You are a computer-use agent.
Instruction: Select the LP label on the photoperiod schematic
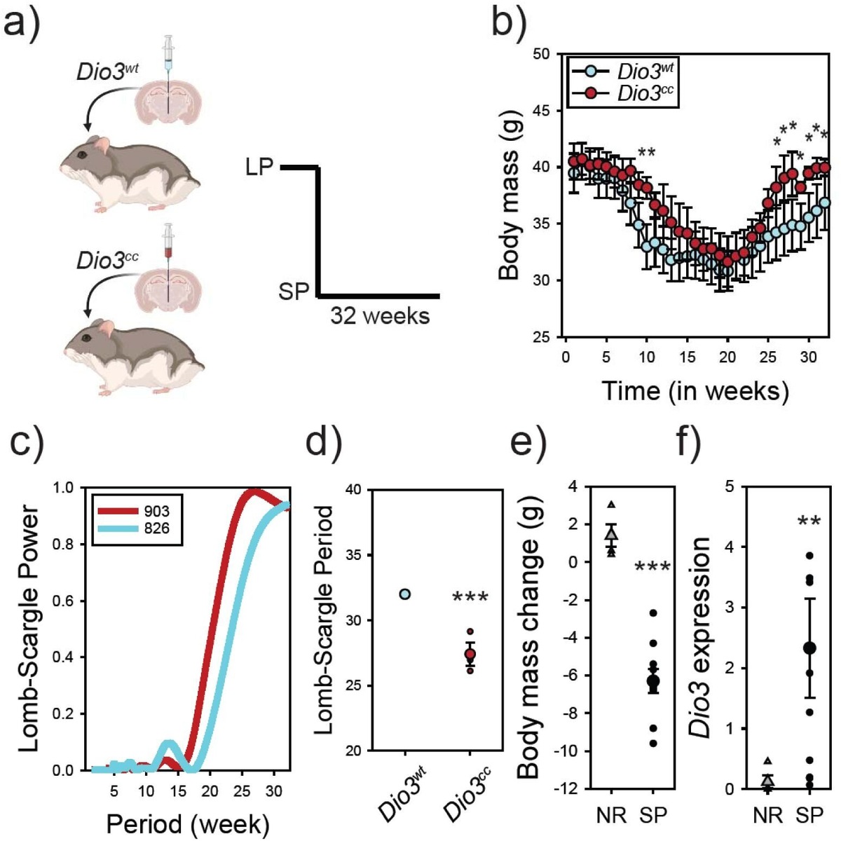tap(259, 167)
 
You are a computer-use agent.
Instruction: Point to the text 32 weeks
tap(380, 315)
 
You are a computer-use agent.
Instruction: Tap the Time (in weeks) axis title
tap(695, 390)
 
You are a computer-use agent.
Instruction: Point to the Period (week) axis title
tap(187, 824)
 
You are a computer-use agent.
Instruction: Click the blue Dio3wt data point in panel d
tap(405, 594)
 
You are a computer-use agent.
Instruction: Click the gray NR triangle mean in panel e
tap(612, 535)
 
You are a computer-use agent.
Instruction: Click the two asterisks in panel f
tap(809, 522)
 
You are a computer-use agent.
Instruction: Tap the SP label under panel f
tap(810, 814)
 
